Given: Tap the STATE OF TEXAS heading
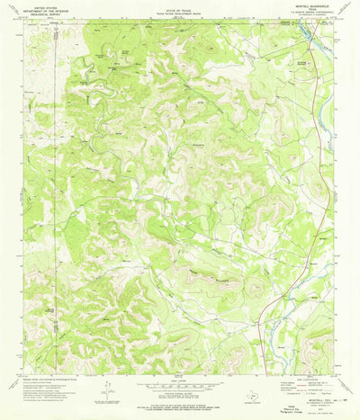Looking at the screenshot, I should [179, 7].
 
